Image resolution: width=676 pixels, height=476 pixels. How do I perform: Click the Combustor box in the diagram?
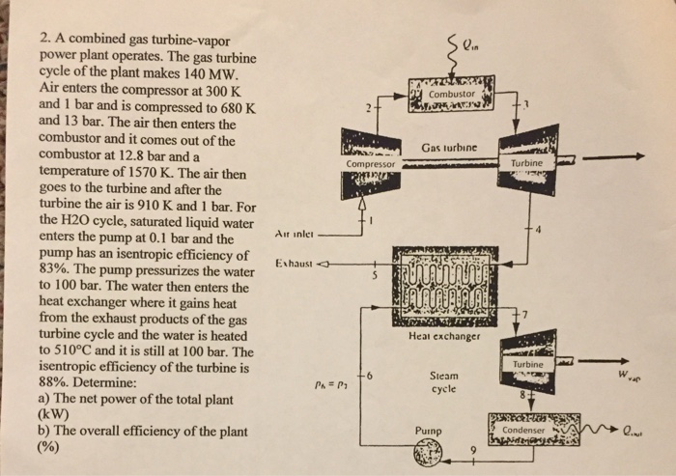[450, 95]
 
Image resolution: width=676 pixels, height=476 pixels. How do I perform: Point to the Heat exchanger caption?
[444, 337]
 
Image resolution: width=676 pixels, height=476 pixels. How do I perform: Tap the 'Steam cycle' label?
[443, 382]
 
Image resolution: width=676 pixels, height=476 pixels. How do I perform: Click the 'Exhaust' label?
[296, 263]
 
